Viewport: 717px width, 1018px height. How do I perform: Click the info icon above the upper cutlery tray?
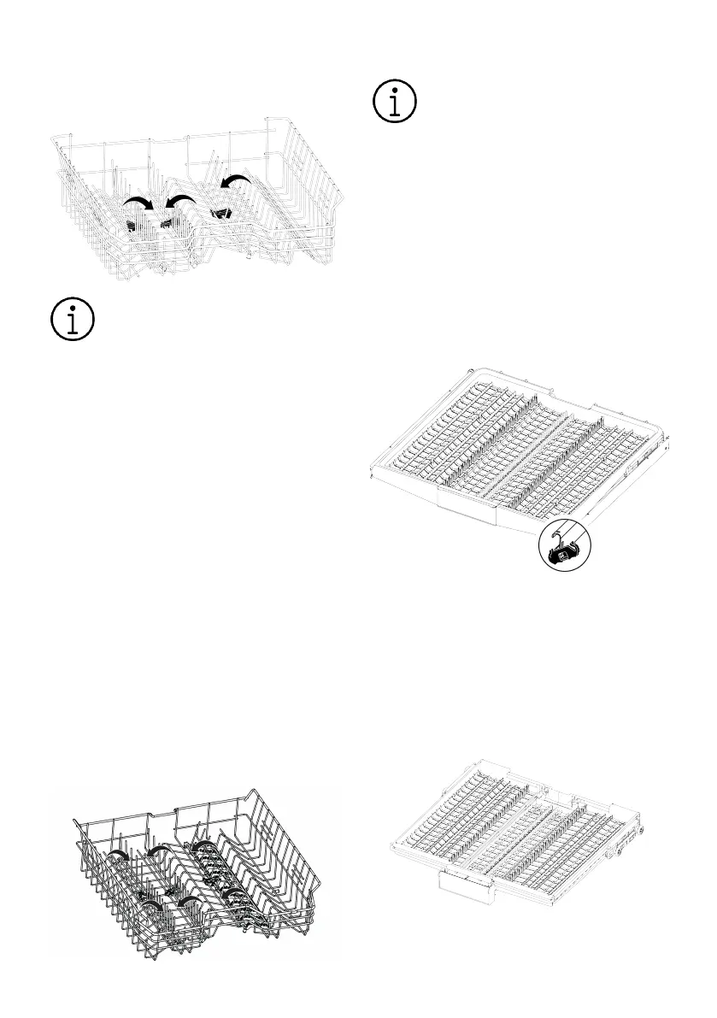pos(395,102)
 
